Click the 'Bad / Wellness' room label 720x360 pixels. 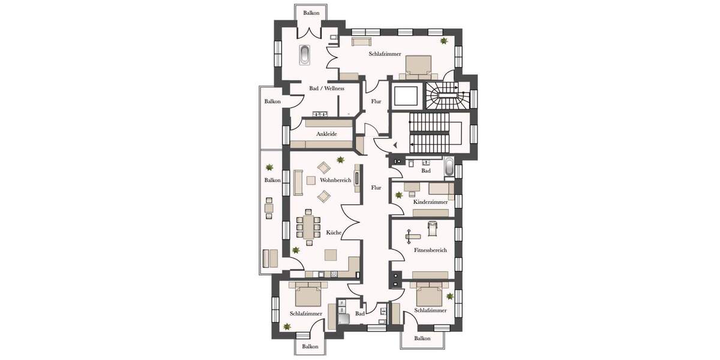coord(326,89)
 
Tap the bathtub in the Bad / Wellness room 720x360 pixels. coord(305,55)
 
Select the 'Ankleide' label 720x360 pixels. coord(326,134)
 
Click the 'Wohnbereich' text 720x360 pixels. coord(335,180)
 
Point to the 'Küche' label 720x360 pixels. coord(334,232)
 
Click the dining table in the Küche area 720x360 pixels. coord(308,228)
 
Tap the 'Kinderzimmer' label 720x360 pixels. coord(430,202)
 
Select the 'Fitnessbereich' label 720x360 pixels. coord(430,250)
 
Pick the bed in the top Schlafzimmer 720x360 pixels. coord(418,67)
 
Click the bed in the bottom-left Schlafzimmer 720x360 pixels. coord(308,294)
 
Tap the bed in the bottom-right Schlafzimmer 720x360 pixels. coord(429,294)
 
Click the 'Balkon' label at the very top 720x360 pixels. coord(311,13)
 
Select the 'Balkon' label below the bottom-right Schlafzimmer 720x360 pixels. coord(422,338)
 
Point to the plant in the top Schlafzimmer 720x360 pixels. coord(444,41)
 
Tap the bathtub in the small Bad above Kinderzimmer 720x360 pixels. coord(449,167)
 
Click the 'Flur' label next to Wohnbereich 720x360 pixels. coord(376,188)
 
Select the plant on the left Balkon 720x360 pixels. coord(269,167)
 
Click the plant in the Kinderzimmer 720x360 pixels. coord(399,195)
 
